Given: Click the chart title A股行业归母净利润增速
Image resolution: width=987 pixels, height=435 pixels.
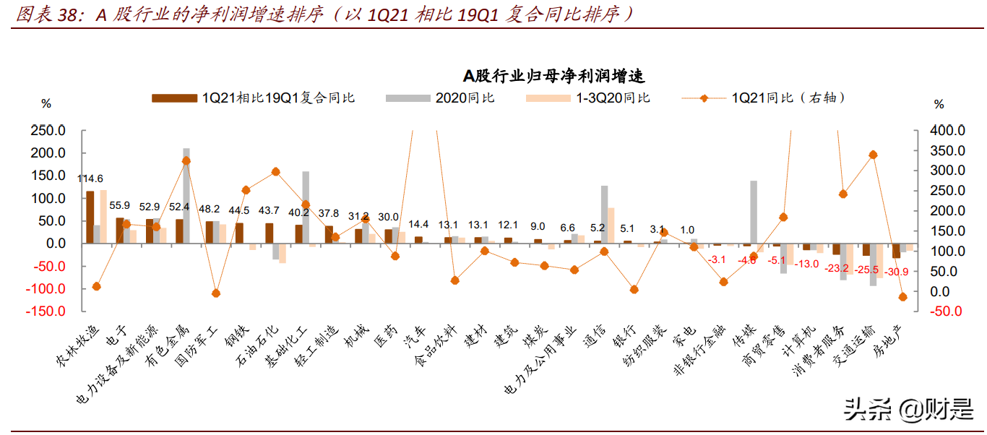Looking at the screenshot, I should pyautogui.click(x=553, y=76).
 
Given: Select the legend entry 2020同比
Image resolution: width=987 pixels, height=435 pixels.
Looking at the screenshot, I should pyautogui.click(x=464, y=98).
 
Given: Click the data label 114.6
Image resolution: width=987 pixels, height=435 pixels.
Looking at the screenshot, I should pyautogui.click(x=90, y=178).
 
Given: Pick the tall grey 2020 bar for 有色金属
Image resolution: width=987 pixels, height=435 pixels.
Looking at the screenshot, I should pyautogui.click(x=186, y=195).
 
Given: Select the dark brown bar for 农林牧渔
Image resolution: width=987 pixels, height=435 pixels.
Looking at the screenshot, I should pyautogui.click(x=90, y=217).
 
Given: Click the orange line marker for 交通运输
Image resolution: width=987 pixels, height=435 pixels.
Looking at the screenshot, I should pyautogui.click(x=873, y=155).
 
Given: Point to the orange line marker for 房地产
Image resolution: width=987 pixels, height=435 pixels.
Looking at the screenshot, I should pyautogui.click(x=902, y=297).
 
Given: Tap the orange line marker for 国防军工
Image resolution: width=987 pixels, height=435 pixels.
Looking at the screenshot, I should pyautogui.click(x=215, y=293).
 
